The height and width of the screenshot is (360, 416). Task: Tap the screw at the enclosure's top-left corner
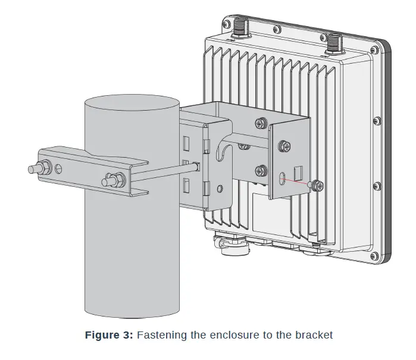(x=226, y=24)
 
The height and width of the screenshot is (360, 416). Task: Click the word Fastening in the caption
(x=162, y=335)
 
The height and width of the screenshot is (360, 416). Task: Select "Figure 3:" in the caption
(x=109, y=335)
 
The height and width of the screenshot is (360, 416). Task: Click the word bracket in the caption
(x=314, y=335)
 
